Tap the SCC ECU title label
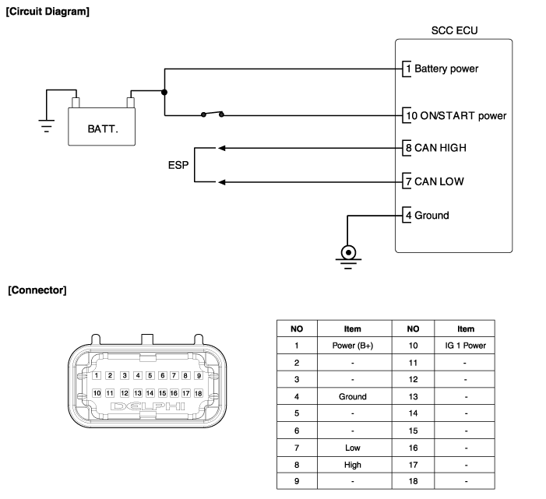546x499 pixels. point(454,31)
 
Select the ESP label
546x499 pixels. point(178,165)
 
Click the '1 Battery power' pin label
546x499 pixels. point(442,69)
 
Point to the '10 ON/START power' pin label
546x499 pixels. point(456,116)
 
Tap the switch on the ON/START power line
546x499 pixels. point(213,114)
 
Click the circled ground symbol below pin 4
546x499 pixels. point(348,252)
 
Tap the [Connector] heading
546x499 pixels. point(37,290)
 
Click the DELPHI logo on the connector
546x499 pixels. point(148,406)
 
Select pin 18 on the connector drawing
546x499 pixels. point(198,393)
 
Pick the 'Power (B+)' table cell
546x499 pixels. point(353,346)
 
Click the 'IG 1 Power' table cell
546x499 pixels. point(466,346)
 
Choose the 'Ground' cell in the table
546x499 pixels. point(353,396)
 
